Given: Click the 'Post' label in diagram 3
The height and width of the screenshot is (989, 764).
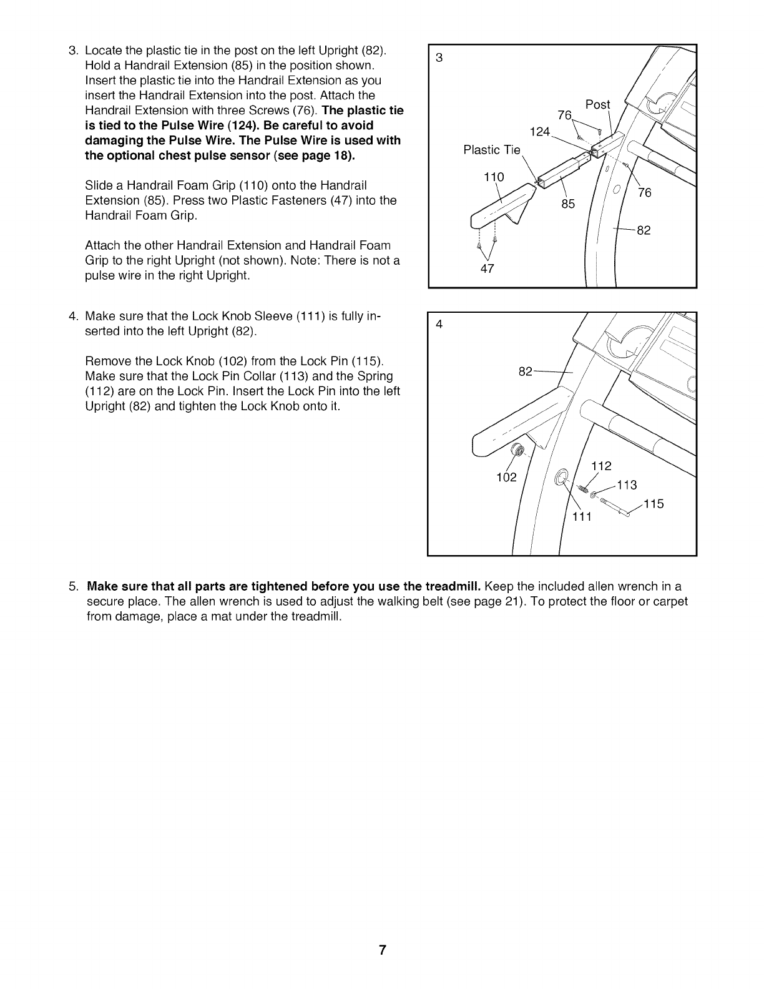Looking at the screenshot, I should tap(597, 105).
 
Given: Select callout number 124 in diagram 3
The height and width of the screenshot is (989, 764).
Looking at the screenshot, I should tap(539, 131).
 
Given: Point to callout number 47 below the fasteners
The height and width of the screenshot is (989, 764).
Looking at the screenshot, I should tap(487, 268).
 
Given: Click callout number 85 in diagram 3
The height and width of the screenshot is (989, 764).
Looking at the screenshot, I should tap(567, 204).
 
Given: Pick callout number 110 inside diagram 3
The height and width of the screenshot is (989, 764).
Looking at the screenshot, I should tap(494, 177).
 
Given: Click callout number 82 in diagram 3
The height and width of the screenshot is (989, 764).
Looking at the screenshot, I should tap(644, 230).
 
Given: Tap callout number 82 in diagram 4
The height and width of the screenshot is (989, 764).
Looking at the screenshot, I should tap(526, 371).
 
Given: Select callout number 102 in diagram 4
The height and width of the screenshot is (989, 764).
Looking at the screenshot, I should tap(506, 478).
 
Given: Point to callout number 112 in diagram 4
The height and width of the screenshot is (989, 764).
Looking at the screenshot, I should tap(601, 466).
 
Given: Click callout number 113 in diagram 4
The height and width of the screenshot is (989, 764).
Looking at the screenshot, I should tap(626, 485).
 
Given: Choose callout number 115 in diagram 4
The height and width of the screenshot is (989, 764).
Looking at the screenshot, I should tap(654, 504).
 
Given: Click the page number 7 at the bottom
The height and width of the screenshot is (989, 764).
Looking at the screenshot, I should tap(382, 951).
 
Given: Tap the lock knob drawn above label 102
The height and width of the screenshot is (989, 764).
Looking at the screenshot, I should tap(517, 450).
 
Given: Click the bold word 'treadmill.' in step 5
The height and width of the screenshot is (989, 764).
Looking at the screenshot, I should tap(453, 587).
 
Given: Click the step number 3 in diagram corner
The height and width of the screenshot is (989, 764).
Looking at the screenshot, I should tap(439, 58).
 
